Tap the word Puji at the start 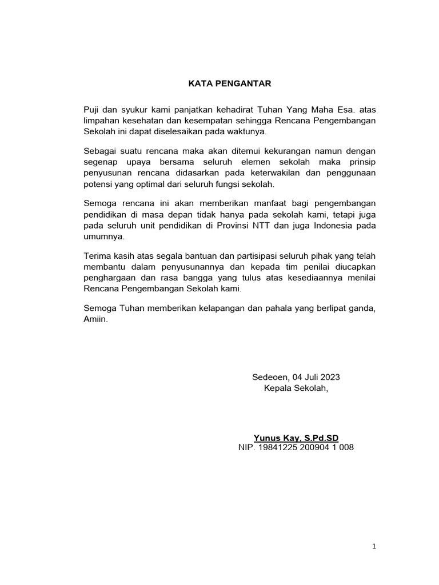coord(91,109)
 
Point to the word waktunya coord(248,131)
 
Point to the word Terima coord(97,257)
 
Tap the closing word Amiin coord(95,320)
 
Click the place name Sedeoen coord(270,377)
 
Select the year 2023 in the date coord(329,377)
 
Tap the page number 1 coord(374,547)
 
